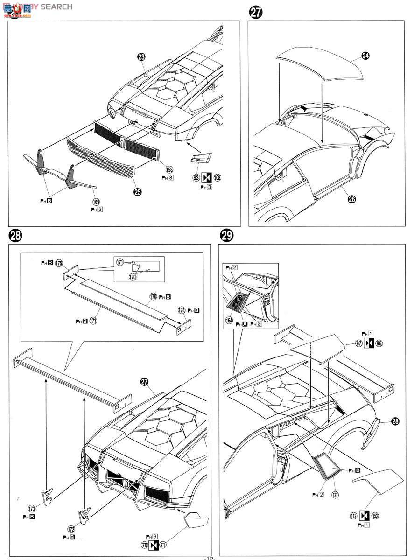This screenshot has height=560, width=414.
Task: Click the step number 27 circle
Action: click(256, 13)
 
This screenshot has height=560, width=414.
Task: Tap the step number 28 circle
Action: click(15, 236)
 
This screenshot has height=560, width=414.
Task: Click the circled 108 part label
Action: click(218, 178)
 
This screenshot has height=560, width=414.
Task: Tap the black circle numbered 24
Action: click(365, 56)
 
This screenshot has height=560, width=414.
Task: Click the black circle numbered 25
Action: click(137, 192)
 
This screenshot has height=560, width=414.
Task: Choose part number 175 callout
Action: click(59, 264)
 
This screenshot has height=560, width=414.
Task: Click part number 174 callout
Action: click(182, 310)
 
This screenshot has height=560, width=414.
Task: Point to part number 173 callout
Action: click(32, 509)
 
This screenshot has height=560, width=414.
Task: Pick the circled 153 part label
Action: click(375, 516)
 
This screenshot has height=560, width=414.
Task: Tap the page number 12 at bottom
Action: click(209, 557)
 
